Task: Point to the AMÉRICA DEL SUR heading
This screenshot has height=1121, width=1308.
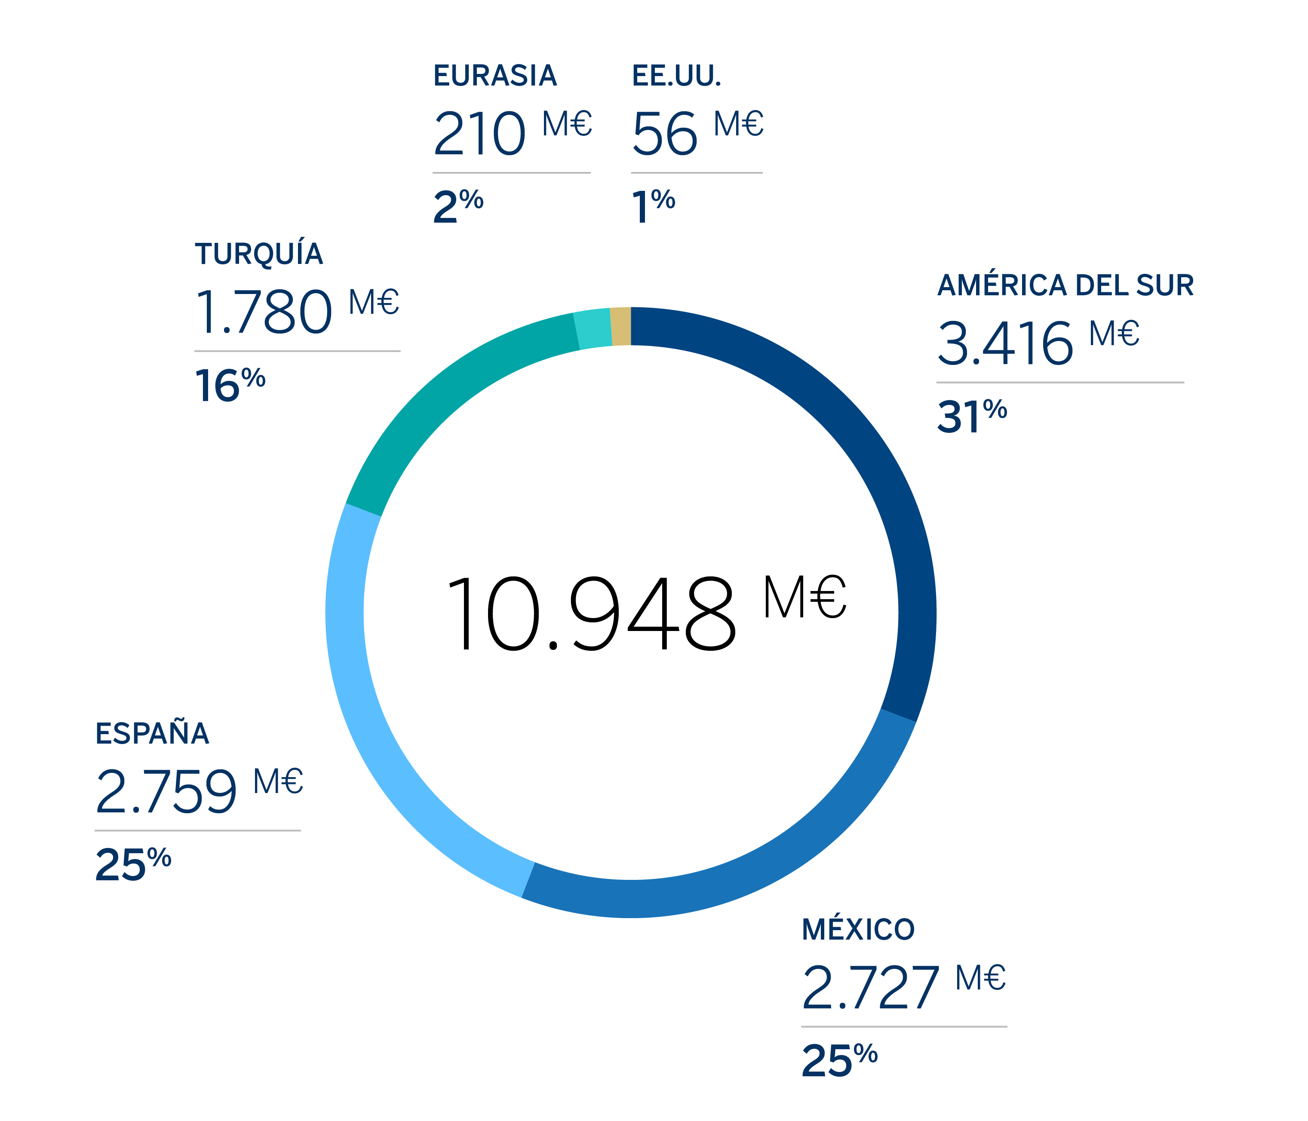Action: coord(1065,285)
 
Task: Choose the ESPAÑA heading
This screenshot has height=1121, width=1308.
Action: coord(152,733)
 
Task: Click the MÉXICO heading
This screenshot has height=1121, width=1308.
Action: coord(858,930)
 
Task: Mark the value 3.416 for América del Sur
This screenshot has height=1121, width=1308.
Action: coord(1005,343)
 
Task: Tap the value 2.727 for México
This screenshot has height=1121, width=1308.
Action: coord(870,988)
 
